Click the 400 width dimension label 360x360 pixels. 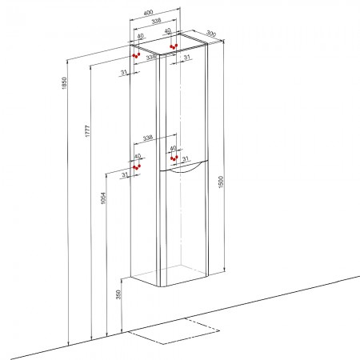[x=148, y=12]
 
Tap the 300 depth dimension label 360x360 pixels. [x=211, y=34]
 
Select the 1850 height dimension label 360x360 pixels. [x=64, y=83]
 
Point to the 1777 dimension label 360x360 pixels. [x=88, y=131]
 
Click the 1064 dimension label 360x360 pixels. [x=103, y=198]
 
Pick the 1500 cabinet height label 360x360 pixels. [x=221, y=182]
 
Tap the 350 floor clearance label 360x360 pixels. [x=118, y=294]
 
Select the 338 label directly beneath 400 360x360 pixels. [x=156, y=21]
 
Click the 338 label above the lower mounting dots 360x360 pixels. [x=148, y=138]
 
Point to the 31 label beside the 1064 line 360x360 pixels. [x=125, y=175]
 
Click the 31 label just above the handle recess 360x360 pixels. [x=185, y=158]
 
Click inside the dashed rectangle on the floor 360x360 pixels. [x=174, y=330]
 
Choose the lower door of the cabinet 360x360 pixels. [x=184, y=226]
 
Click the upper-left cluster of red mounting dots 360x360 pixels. [x=136, y=55]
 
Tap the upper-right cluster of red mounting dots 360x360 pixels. [x=174, y=46]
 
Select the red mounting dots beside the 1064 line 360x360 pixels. [x=137, y=167]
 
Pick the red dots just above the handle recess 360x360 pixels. [x=174, y=158]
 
